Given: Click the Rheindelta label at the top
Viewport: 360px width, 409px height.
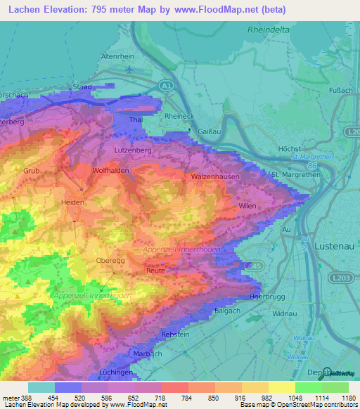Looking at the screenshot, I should pos(270,30).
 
